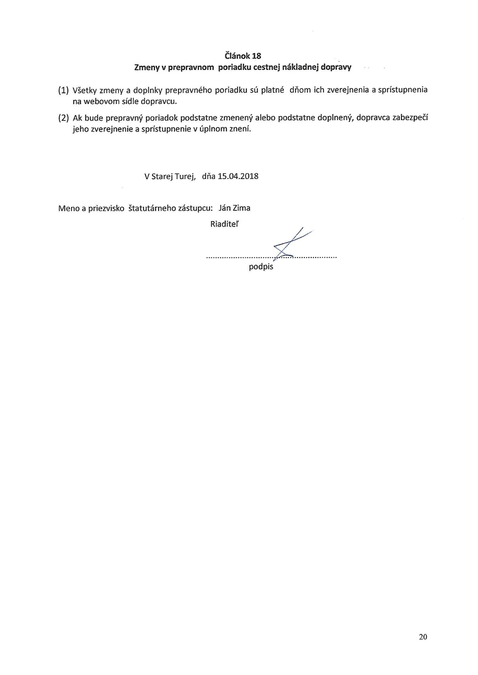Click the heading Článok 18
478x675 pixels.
click(243, 56)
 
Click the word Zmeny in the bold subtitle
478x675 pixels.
click(147, 68)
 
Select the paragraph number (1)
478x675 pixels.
click(63, 90)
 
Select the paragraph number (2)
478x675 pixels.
click(63, 118)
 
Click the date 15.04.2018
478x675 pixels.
click(238, 176)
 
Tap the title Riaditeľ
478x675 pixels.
click(225, 224)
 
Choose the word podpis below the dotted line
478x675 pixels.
click(261, 267)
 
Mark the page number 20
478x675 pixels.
click(423, 637)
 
